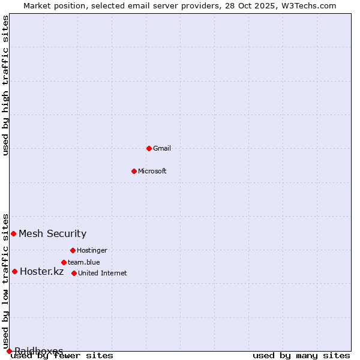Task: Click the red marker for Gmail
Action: (149, 148)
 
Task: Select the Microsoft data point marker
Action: (134, 171)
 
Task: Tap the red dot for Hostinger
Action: (73, 250)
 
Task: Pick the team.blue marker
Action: (64, 262)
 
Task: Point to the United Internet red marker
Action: (74, 273)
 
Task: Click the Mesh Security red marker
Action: (13, 233)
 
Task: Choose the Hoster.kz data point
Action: (14, 271)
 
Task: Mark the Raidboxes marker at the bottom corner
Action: (9, 351)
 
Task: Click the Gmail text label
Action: (162, 148)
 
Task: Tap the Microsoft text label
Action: (152, 171)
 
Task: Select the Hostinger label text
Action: (92, 250)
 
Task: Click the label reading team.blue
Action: (84, 262)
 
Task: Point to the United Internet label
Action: (103, 273)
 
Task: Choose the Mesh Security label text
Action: (53, 233)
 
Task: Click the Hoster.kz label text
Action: (42, 271)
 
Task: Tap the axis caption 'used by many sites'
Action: (301, 355)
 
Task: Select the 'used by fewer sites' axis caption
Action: (62, 355)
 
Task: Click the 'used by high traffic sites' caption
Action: (6, 85)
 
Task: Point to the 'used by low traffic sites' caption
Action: (6, 281)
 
